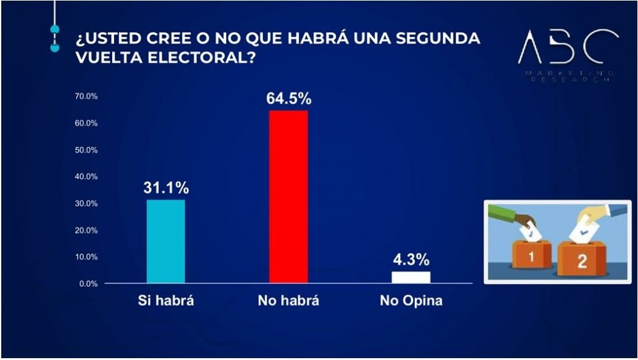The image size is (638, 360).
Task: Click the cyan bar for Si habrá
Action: [166, 242]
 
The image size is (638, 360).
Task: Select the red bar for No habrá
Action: [288, 197]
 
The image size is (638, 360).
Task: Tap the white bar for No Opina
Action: [411, 277]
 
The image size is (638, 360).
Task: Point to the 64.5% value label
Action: [288, 98]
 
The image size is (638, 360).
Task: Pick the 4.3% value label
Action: [411, 259]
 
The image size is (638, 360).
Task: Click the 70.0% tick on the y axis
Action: [87, 97]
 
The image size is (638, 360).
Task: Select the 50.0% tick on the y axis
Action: [87, 150]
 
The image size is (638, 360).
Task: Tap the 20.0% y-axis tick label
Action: [87, 230]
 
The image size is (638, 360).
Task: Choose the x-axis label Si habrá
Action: [166, 301]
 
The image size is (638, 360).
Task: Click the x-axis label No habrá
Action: [288, 301]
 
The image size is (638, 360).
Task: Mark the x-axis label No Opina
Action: [411, 301]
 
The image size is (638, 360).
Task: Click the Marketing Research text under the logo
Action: [568, 77]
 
